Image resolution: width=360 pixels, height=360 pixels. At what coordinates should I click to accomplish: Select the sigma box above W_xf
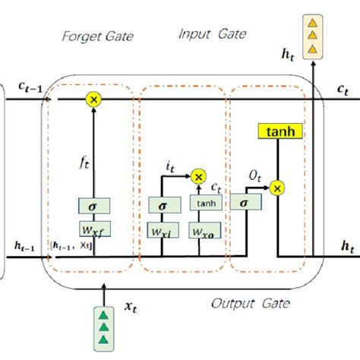coord(93,206)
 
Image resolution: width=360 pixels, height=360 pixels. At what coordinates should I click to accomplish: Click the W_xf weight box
coord(93,228)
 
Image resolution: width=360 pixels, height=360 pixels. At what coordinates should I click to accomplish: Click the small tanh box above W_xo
coord(204,204)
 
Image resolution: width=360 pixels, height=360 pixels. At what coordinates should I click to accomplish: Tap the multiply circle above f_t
coord(93,99)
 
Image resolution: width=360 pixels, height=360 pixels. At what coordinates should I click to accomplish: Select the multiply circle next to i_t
coord(199,176)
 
